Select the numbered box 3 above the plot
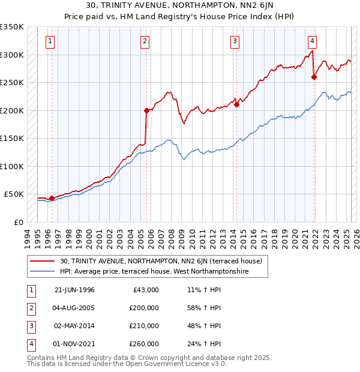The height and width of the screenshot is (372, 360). click(x=235, y=41)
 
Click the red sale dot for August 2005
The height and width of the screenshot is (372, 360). click(x=146, y=110)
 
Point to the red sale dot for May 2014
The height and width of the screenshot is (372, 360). click(x=236, y=104)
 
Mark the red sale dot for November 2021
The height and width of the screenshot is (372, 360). click(x=314, y=77)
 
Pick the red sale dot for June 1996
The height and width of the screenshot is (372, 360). click(x=52, y=197)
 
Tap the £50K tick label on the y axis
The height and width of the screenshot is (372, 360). click(x=14, y=194)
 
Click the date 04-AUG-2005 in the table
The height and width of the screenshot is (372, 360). click(x=74, y=308)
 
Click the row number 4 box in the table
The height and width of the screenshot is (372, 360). click(x=30, y=344)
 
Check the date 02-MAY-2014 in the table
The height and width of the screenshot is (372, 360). click(x=74, y=326)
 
